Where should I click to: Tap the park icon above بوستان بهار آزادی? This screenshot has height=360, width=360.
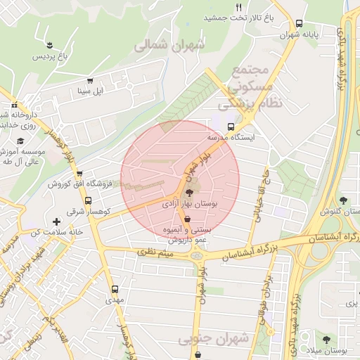(188, 191)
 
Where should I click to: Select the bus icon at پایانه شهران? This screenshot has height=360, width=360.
(300, 22)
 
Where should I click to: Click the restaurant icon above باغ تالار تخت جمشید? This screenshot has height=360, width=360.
(239, 7)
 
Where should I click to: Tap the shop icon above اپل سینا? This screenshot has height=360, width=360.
(89, 80)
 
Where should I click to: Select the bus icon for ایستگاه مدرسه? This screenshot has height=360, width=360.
(231, 127)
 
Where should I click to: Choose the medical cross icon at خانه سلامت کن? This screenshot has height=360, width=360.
(56, 221)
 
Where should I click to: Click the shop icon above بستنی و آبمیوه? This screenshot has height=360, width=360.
(186, 219)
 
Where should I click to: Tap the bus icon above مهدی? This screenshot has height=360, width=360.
(115, 288)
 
